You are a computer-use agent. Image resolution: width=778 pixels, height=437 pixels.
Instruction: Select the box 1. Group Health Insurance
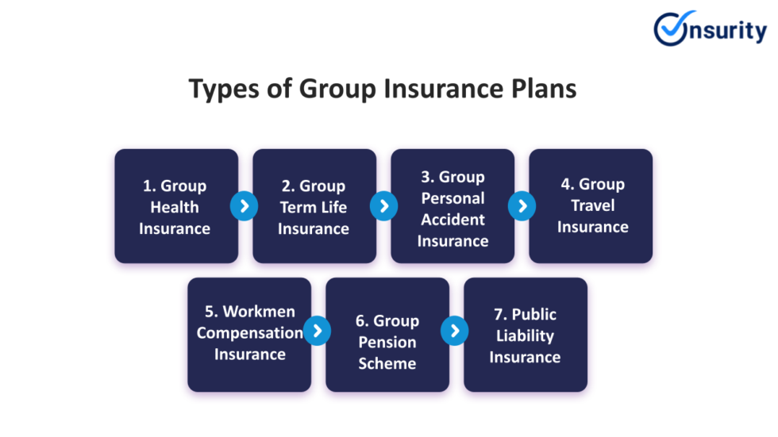pos(176,206)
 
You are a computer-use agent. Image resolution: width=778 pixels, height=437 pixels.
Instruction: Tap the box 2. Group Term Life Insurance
pos(314,206)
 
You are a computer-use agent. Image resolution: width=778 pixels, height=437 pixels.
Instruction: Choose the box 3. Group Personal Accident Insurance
pos(453,206)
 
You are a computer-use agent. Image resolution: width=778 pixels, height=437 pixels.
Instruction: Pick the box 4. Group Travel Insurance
pos(591,206)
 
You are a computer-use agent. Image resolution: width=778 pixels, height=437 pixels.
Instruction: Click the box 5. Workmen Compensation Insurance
pos(249,334)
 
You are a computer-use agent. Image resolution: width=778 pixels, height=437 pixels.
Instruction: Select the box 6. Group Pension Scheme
pos(387,334)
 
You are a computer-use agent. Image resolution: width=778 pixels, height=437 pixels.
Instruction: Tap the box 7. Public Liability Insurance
pos(526,334)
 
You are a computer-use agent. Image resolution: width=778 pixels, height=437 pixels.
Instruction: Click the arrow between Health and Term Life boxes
pos(245,207)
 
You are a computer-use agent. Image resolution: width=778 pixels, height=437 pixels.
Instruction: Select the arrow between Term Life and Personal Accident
pos(383,207)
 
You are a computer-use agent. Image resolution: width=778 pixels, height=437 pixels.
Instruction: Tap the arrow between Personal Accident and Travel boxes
pos(522,207)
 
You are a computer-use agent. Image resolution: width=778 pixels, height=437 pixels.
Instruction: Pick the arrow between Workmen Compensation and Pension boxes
pos(317,331)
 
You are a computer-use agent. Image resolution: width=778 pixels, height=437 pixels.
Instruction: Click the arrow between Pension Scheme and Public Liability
pos(455,331)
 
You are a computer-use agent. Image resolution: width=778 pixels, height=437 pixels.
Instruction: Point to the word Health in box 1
pos(175,207)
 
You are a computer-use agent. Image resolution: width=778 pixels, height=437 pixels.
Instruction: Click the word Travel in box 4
pos(592,205)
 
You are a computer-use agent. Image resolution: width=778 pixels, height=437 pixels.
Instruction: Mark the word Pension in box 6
pos(387,343)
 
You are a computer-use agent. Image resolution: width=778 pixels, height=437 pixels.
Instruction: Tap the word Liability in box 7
pos(525,335)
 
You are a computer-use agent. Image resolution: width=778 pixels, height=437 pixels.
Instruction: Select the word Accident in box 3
pos(453,220)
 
